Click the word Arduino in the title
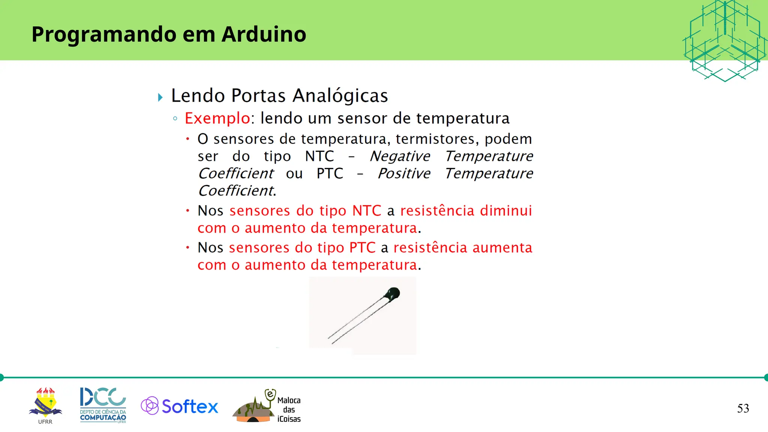pyautogui.click(x=264, y=34)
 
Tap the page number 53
pyautogui.click(x=743, y=408)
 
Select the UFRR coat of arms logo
pyautogui.click(x=45, y=403)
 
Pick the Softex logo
pyautogui.click(x=180, y=406)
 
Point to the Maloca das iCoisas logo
pyautogui.click(x=267, y=406)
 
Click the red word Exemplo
pyautogui.click(x=217, y=118)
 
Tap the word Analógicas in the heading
pyautogui.click(x=340, y=96)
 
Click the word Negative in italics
pyautogui.click(x=400, y=156)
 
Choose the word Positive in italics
pyautogui.click(x=404, y=174)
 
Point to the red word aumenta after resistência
pyautogui.click(x=502, y=248)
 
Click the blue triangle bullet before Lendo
pyautogui.click(x=160, y=97)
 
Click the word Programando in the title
pyautogui.click(x=104, y=34)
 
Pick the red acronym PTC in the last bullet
pyautogui.click(x=362, y=248)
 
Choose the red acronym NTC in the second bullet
pyautogui.click(x=366, y=211)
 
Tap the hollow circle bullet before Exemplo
pyautogui.click(x=175, y=119)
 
